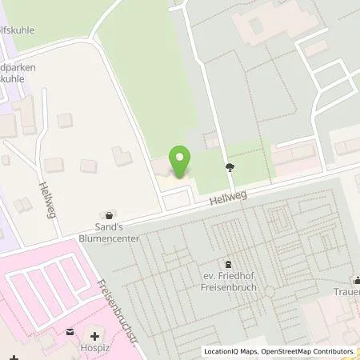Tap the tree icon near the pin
point(230,167)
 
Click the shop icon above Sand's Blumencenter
point(109,214)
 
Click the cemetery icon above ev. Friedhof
point(229,264)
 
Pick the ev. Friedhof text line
point(229,277)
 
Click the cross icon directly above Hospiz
point(95,335)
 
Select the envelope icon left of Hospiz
point(70,332)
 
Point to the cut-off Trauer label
point(346,294)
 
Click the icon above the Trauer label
point(357,281)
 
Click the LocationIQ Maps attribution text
point(234,351)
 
